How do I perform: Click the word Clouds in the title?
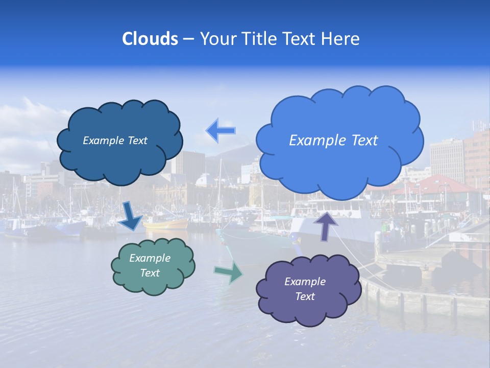pyautogui.click(x=150, y=39)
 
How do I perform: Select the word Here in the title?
pyautogui.click(x=342, y=39)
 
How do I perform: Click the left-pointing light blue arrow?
pyautogui.click(x=220, y=131)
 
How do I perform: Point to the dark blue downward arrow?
pyautogui.click(x=132, y=216)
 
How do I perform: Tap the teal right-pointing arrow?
pyautogui.click(x=229, y=272)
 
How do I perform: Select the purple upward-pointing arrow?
pyautogui.click(x=326, y=225)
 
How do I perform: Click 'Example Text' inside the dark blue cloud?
pyautogui.click(x=115, y=141)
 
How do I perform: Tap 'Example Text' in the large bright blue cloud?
pyautogui.click(x=333, y=141)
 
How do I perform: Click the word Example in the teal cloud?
pyautogui.click(x=150, y=258)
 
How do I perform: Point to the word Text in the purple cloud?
pyautogui.click(x=305, y=296)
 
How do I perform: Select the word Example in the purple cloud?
pyautogui.click(x=305, y=282)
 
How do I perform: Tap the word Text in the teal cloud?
pyautogui.click(x=150, y=273)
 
